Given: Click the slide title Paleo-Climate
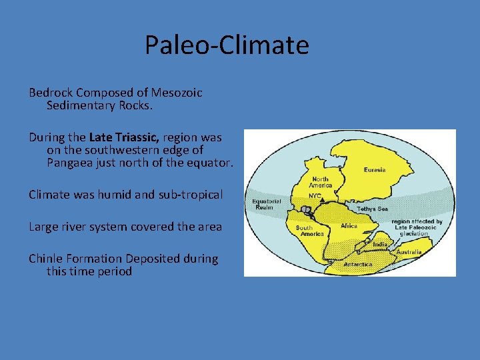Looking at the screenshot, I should coord(227,45).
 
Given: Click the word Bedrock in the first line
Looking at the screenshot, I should coord(51,93).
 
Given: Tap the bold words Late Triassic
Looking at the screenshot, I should coord(124,137).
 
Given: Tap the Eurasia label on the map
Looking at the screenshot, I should coord(374,170).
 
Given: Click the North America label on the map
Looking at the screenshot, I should coord(321,181).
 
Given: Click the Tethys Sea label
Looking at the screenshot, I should coord(371,209).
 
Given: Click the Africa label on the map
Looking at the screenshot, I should coord(349,226).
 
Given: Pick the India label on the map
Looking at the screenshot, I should coord(379,244).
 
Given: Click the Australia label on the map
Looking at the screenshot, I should coord(408,252).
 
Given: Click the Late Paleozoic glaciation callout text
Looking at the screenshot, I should coord(416,227).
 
